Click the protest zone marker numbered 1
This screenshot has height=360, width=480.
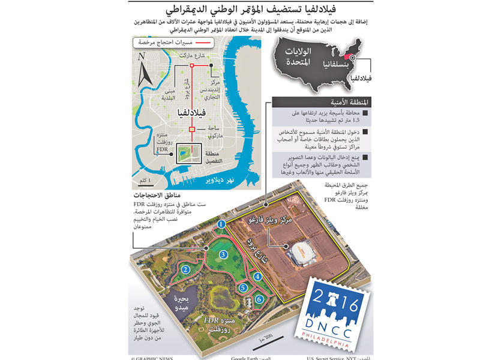pyautogui.click(x=221, y=224)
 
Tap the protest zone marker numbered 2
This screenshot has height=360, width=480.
pyautogui.click(x=187, y=270)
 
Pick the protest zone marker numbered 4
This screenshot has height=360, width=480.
pyautogui.click(x=257, y=277)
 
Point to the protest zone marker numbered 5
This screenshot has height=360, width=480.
pyautogui.click(x=243, y=288)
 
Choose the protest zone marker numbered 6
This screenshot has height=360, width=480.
pyautogui.click(x=259, y=299)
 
